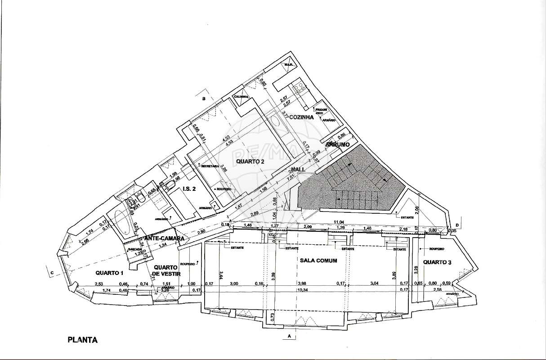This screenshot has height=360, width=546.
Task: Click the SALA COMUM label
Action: tap(318, 261)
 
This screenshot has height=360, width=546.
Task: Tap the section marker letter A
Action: tap(289, 336)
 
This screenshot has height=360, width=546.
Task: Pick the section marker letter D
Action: tap(457, 225)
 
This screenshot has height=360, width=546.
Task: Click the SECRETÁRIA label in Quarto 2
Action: tap(210, 166)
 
